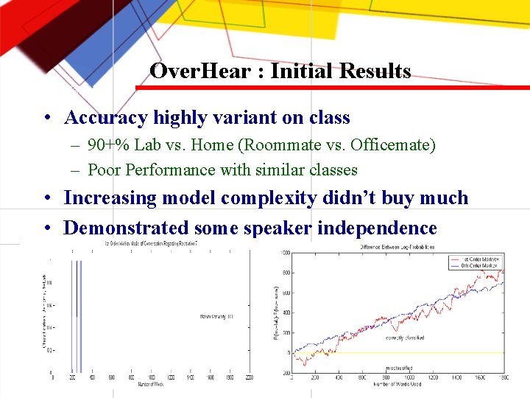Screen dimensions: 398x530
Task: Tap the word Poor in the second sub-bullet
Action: [104, 170]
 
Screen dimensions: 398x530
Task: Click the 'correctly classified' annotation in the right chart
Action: [405, 338]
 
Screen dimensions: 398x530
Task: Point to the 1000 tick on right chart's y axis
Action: [284, 253]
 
